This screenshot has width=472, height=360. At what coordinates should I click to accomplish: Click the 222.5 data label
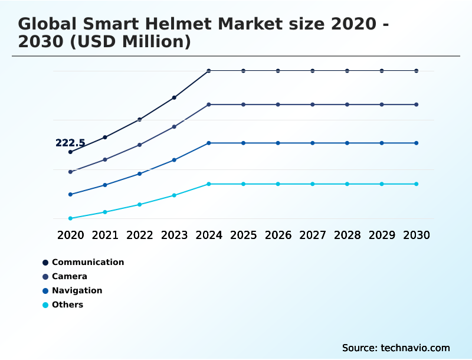pyautogui.click(x=70, y=143)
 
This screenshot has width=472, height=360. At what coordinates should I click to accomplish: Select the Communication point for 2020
pyautogui.click(x=70, y=152)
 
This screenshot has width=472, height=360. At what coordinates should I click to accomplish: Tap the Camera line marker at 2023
pyautogui.click(x=174, y=127)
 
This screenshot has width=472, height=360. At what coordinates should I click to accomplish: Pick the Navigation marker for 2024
pyautogui.click(x=209, y=143)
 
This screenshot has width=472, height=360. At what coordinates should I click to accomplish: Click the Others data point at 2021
pyautogui.click(x=105, y=212)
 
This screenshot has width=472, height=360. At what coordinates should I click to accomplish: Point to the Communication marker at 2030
pyautogui.click(x=417, y=71)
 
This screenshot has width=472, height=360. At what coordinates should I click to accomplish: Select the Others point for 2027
pyautogui.click(x=313, y=184)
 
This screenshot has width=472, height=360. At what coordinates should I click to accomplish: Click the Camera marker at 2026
pyautogui.click(x=278, y=104)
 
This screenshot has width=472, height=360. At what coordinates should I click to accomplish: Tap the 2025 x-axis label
pyautogui.click(x=243, y=235)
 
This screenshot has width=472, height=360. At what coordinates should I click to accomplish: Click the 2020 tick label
pyautogui.click(x=70, y=235)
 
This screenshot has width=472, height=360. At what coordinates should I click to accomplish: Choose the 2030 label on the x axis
pyautogui.click(x=417, y=235)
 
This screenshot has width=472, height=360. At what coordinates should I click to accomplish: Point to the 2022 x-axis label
pyautogui.click(x=140, y=235)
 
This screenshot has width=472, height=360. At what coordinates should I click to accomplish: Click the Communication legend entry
pyautogui.click(x=88, y=262)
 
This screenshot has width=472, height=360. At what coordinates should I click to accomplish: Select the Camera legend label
pyautogui.click(x=70, y=276)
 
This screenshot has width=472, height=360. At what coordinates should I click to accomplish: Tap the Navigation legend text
pyautogui.click(x=77, y=290)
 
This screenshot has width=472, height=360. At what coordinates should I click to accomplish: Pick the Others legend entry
pyautogui.click(x=67, y=305)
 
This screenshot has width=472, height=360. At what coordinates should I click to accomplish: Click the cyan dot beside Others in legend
pyautogui.click(x=45, y=305)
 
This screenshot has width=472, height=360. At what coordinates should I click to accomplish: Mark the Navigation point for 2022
pyautogui.click(x=140, y=174)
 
